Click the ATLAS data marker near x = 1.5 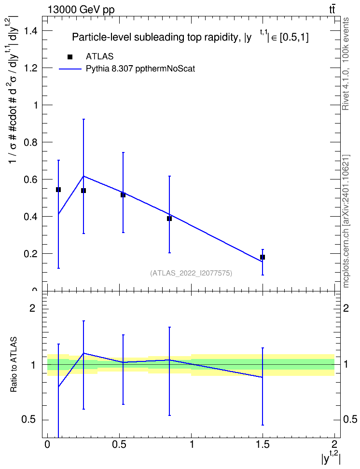tap(263, 257)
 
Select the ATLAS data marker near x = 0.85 tap(169, 219)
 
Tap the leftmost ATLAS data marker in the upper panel tap(58, 190)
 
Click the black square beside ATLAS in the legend tap(70, 57)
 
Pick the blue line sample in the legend tap(70, 69)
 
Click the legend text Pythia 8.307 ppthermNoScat tap(140, 69)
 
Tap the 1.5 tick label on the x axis tap(263, 444)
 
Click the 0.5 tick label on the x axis tap(119, 444)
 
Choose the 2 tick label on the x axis tap(334, 444)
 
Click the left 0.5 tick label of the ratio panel tap(29, 420)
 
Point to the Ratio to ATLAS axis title tap(14, 365)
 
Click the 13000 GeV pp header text tap(81, 10)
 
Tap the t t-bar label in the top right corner tap(332, 10)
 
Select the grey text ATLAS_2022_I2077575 tap(191, 273)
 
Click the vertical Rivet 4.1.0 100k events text tap(346, 64)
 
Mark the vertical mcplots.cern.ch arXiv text tap(346, 221)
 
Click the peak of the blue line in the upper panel tap(83, 176)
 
